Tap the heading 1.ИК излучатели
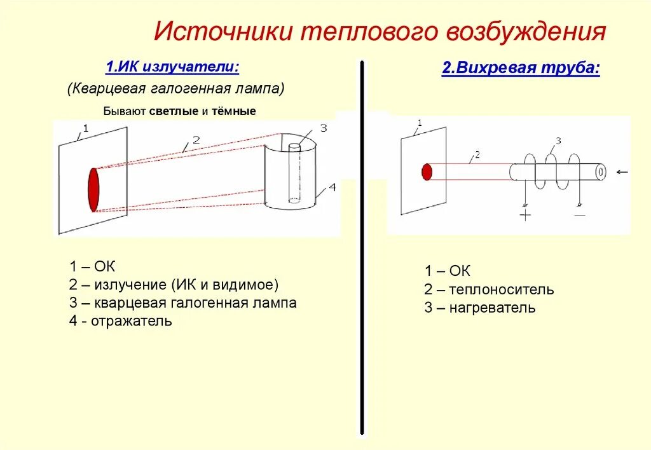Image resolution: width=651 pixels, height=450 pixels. click(172, 67)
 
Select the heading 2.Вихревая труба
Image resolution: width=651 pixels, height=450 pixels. click(521, 69)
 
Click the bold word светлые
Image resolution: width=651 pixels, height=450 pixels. click(174, 111)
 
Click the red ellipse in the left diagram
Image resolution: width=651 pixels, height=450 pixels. click(93, 189)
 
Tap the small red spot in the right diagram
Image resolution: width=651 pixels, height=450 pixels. click(427, 172)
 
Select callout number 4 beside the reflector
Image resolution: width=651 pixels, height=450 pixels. click(332, 188)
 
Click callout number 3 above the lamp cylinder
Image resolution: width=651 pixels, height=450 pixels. click(323, 128)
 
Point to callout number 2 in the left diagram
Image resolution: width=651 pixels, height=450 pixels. click(196, 139)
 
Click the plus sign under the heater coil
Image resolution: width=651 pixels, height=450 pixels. click(525, 215)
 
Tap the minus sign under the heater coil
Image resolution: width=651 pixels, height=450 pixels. click(580, 215)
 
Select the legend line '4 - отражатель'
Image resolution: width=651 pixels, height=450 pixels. click(121, 321)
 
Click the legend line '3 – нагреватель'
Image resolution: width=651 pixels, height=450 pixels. click(480, 308)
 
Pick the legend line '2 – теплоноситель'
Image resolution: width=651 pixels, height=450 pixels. click(489, 290)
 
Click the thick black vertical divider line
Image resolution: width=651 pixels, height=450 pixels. click(362, 254)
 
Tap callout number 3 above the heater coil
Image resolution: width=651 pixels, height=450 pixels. click(558, 140)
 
